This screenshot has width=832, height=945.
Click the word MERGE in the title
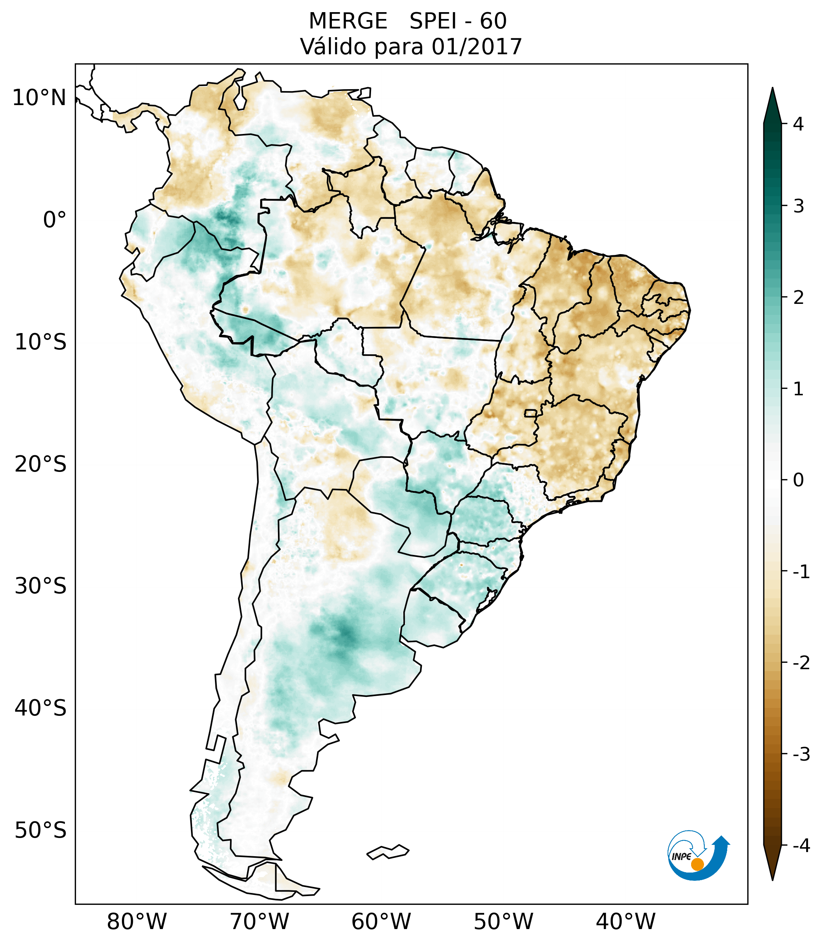pyautogui.click(x=347, y=21)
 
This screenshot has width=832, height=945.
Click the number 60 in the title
pyautogui.click(x=493, y=21)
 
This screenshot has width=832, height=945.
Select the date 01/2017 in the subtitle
pyautogui.click(x=477, y=47)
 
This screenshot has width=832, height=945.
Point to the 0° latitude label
pyautogui.click(x=55, y=220)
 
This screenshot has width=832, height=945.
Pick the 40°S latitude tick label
pyautogui.click(x=41, y=708)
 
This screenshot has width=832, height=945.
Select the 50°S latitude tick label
pyautogui.click(x=41, y=830)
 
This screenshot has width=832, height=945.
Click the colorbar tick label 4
pyautogui.click(x=798, y=124)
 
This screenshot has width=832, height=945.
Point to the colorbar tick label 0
pyautogui.click(x=798, y=480)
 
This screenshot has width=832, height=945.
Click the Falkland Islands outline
pyautogui.click(x=388, y=851)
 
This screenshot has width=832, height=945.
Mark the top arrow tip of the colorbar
pyautogui.click(x=772, y=89)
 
